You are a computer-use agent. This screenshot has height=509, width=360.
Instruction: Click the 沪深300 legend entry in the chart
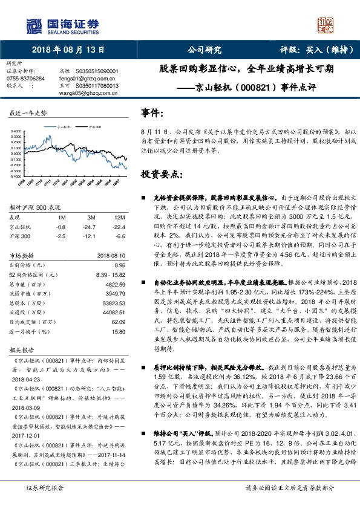(94, 128)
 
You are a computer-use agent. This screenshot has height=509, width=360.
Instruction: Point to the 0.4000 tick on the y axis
(18, 131)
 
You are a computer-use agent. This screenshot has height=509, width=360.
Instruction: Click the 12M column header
(119, 216)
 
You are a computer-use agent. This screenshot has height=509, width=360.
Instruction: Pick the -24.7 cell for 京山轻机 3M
(91, 226)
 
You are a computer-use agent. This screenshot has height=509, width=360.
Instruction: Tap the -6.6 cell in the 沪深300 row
(120, 235)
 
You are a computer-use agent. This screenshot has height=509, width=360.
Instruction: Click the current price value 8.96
(119, 265)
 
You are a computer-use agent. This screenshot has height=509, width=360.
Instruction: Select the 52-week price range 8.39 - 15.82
(110, 274)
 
